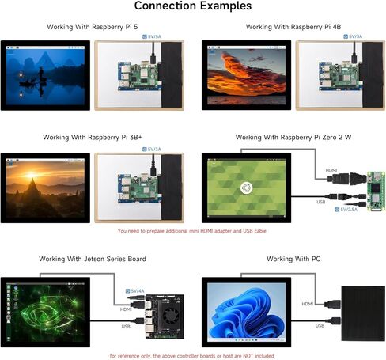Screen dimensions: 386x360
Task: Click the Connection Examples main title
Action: click(193, 6)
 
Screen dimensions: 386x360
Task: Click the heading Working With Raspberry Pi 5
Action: click(93, 27)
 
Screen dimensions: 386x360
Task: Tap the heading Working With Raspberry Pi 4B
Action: click(293, 27)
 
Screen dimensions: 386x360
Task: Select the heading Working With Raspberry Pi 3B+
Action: click(93, 138)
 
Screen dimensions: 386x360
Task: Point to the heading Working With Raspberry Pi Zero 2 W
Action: click(293, 138)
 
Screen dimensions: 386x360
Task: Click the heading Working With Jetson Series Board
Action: click(93, 259)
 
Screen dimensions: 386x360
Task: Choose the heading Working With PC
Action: click(293, 259)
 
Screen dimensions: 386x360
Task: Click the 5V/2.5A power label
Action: click(346, 210)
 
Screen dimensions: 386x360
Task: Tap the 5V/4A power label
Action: click(134, 291)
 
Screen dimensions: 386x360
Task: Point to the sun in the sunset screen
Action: click(31, 175)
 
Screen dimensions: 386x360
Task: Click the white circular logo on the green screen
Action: click(247, 188)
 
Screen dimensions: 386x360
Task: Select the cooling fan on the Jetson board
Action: click(170, 316)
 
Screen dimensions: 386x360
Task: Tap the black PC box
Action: click(363, 313)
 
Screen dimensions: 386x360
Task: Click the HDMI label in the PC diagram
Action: click(308, 304)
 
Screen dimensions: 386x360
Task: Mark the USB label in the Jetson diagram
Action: click(126, 327)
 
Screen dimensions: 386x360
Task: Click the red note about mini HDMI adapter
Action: click(191, 231)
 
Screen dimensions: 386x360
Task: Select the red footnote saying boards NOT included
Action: click(191, 356)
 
